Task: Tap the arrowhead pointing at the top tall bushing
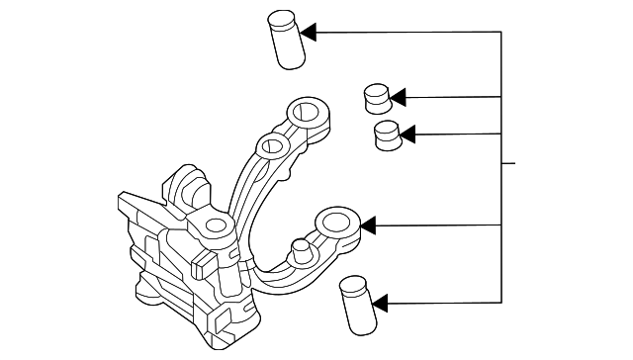click(308, 33)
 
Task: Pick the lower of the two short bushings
click(388, 136)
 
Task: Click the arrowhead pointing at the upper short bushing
click(398, 97)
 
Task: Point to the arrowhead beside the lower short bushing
click(407, 134)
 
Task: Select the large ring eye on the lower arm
click(336, 221)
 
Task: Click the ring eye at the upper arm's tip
click(304, 111)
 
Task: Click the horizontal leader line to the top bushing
click(406, 33)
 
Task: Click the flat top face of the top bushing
click(282, 18)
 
